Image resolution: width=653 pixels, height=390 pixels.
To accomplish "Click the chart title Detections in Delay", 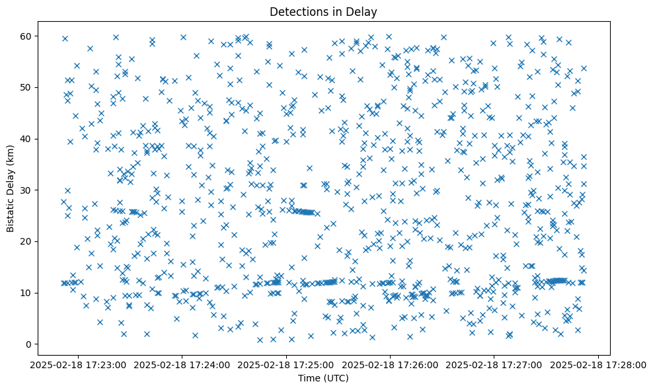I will (323, 11).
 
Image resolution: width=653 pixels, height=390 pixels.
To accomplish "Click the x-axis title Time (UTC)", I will (323, 379).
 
